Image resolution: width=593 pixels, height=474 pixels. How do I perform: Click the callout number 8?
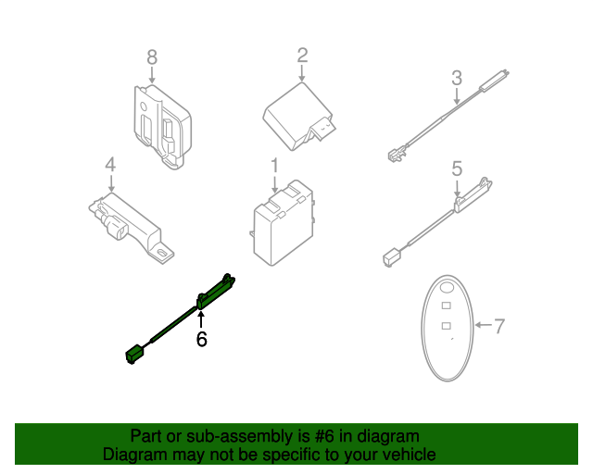coord(153,58)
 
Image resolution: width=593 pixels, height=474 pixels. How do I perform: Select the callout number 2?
coord(302,56)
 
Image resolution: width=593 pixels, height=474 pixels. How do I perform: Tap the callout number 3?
coord(456,78)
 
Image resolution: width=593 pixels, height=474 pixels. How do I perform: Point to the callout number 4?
coord(110,165)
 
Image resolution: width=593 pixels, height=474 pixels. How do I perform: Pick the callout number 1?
coord(274,165)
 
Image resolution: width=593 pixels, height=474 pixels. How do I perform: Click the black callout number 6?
coord(201,339)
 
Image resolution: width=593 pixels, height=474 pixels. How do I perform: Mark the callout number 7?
coord(498,326)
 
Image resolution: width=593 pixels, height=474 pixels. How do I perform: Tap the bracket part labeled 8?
coord(163,126)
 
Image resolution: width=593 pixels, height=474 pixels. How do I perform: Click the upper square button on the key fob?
coord(445,305)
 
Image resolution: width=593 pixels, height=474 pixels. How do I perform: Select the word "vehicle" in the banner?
coord(409,455)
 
